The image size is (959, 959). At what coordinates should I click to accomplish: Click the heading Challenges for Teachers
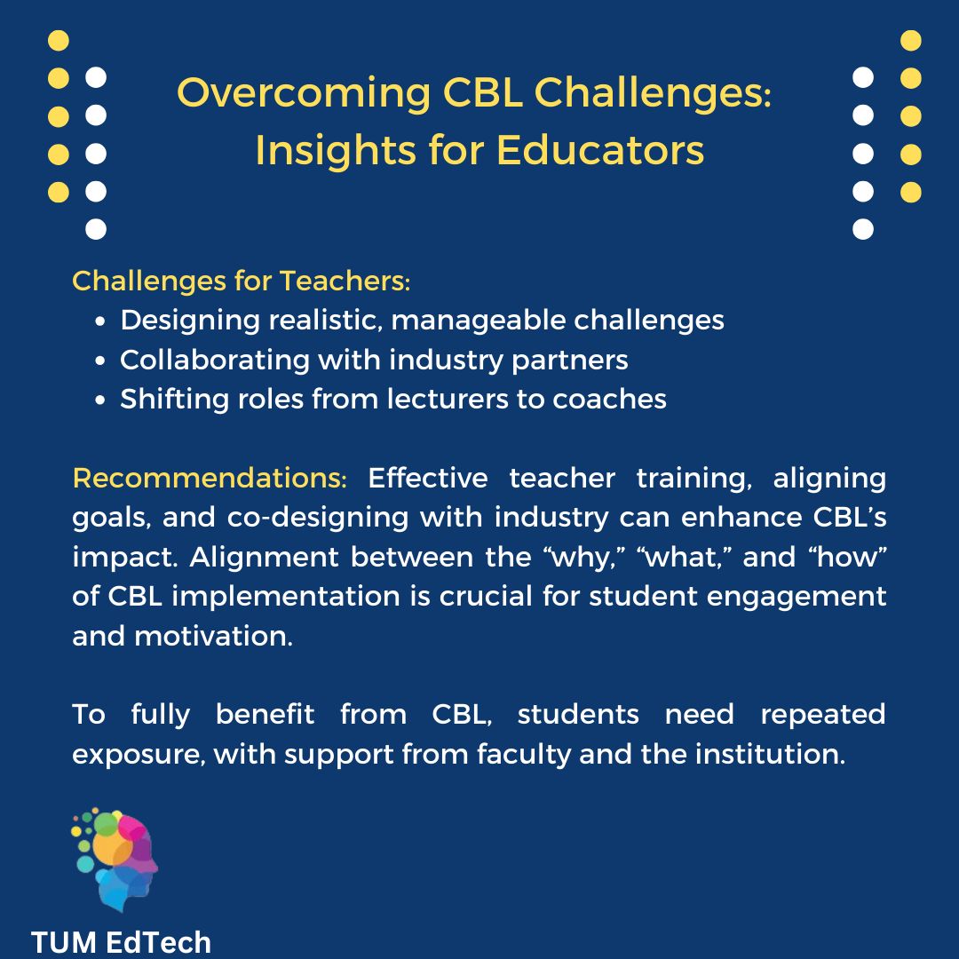241,281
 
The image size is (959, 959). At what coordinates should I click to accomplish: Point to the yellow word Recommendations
210,478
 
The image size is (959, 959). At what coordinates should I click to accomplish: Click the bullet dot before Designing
101,321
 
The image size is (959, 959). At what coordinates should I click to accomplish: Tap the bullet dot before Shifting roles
101,400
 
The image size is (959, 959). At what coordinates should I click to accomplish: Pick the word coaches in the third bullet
609,399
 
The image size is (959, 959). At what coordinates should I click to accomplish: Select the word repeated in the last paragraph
822,714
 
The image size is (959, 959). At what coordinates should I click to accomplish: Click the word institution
768,754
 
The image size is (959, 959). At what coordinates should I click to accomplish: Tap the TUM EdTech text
122,942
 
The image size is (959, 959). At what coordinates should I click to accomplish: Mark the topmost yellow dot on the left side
58,40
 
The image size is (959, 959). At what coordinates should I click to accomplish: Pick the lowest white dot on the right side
863,229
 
